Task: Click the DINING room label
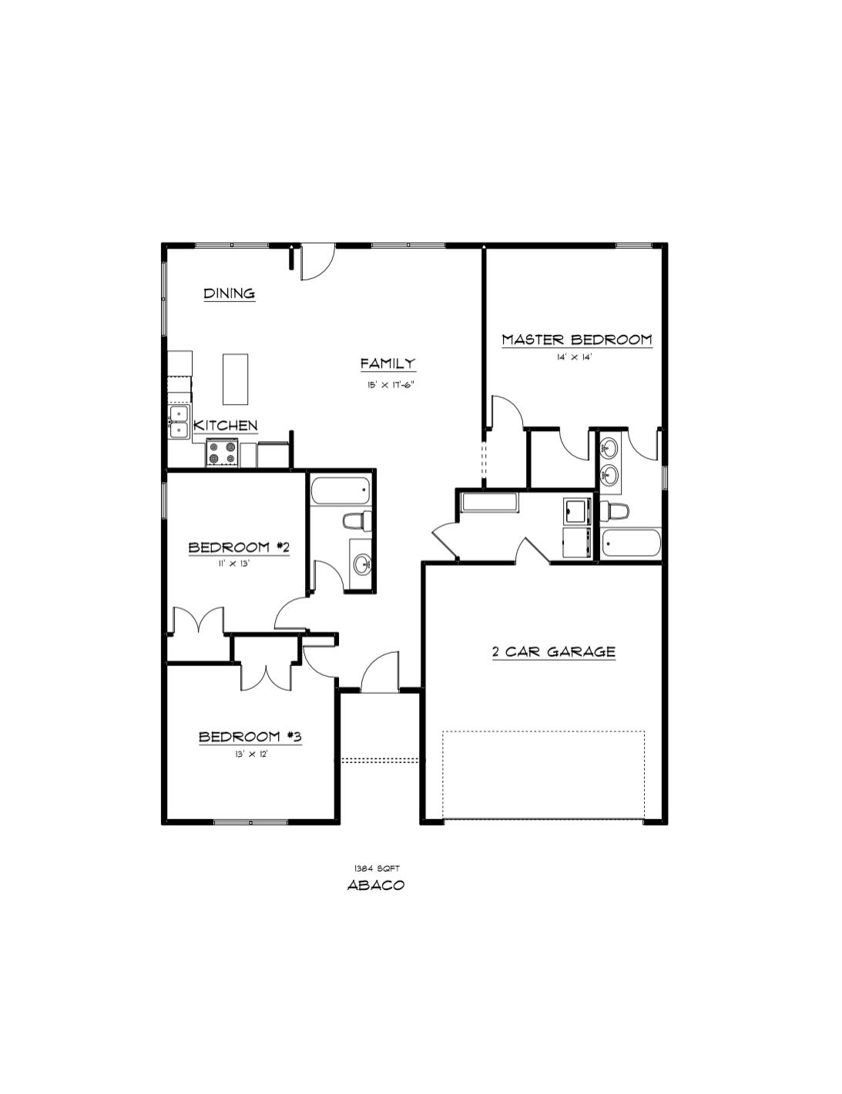click(x=229, y=293)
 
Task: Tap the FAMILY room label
click(x=387, y=363)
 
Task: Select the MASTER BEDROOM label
click(x=576, y=340)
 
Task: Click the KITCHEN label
click(x=225, y=426)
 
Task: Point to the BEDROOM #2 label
click(x=239, y=547)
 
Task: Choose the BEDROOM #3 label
click(x=250, y=737)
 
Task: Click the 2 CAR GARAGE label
click(x=553, y=652)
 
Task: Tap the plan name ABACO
click(x=376, y=885)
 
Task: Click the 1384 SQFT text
click(x=376, y=868)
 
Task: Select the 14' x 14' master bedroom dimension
click(x=574, y=357)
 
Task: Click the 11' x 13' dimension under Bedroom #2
click(x=234, y=564)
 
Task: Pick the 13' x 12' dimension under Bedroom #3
click(x=251, y=754)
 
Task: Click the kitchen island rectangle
click(x=236, y=379)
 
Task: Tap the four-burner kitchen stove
click(x=223, y=453)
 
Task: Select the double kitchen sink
click(x=179, y=423)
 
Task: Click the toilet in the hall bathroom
click(x=357, y=521)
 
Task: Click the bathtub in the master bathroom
click(x=631, y=544)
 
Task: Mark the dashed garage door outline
click(x=543, y=774)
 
